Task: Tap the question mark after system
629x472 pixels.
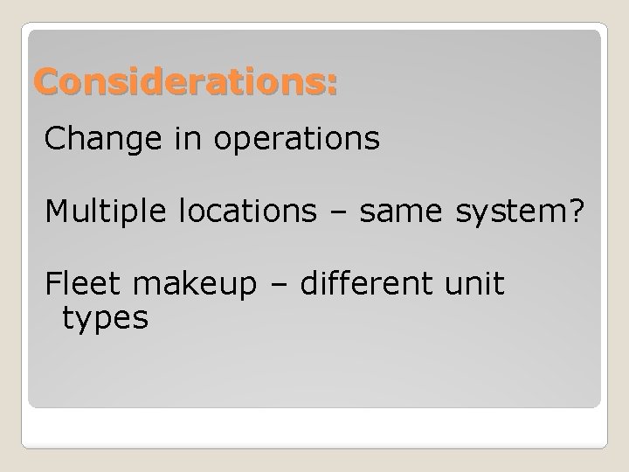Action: [x=575, y=211]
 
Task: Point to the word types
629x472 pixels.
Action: [x=105, y=319]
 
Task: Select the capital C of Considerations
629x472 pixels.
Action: [x=46, y=83]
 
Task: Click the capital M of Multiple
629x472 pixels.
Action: [x=57, y=211]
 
